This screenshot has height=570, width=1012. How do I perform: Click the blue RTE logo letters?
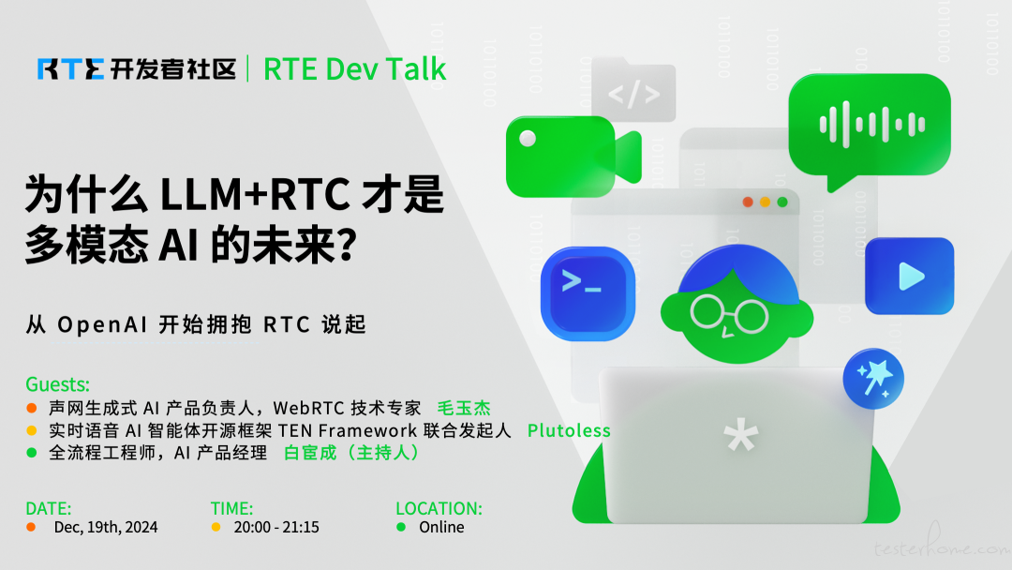(x=71, y=69)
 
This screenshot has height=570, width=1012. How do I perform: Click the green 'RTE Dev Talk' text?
(x=354, y=69)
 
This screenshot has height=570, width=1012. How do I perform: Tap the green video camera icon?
(x=573, y=157)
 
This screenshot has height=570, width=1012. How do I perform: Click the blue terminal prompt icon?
(x=588, y=293)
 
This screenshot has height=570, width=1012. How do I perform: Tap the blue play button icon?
(x=909, y=277)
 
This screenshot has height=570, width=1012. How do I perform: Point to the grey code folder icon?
(x=633, y=90)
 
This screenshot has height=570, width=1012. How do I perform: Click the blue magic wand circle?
(x=873, y=378)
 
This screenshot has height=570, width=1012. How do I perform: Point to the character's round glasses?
(x=729, y=314)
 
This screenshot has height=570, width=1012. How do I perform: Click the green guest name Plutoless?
(x=569, y=430)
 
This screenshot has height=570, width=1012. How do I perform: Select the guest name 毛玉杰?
(x=464, y=408)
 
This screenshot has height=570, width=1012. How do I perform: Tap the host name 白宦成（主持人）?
(x=351, y=453)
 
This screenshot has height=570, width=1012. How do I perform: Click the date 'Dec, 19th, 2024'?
(x=106, y=528)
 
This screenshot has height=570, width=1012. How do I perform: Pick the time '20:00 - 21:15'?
(x=276, y=528)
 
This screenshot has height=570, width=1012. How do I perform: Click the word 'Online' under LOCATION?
(x=441, y=528)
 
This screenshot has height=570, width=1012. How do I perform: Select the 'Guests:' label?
(x=57, y=384)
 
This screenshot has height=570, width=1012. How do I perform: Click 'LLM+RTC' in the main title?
(x=255, y=194)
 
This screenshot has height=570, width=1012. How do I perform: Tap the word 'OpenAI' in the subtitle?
(x=102, y=324)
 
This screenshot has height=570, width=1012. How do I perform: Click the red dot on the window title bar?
(x=748, y=202)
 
